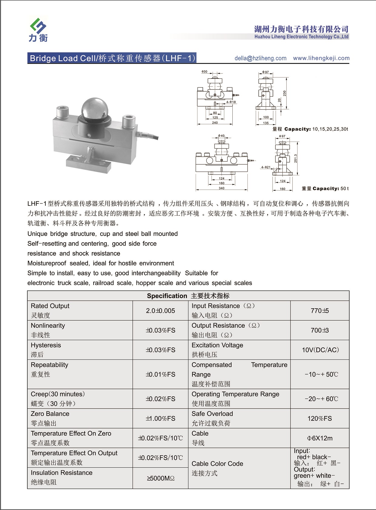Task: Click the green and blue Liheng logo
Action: tap(38, 29)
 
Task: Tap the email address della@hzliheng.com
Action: tap(260, 58)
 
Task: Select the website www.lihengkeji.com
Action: tap(321, 58)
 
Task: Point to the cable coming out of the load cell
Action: tap(148, 135)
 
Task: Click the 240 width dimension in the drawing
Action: tap(215, 123)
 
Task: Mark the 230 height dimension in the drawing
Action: tap(284, 93)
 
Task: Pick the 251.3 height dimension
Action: tap(296, 158)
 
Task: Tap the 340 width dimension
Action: tap(221, 188)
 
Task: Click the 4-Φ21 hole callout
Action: tap(266, 167)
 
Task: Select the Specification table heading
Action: tap(188, 296)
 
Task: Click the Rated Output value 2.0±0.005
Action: tap(160, 311)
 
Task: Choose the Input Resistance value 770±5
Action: tap(320, 311)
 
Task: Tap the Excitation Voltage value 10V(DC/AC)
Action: tap(320, 350)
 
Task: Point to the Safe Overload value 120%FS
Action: tap(320, 419)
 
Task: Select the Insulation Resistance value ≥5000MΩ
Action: tap(161, 478)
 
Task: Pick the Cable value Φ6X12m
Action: tap(320, 438)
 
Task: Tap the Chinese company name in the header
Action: tap(301, 29)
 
